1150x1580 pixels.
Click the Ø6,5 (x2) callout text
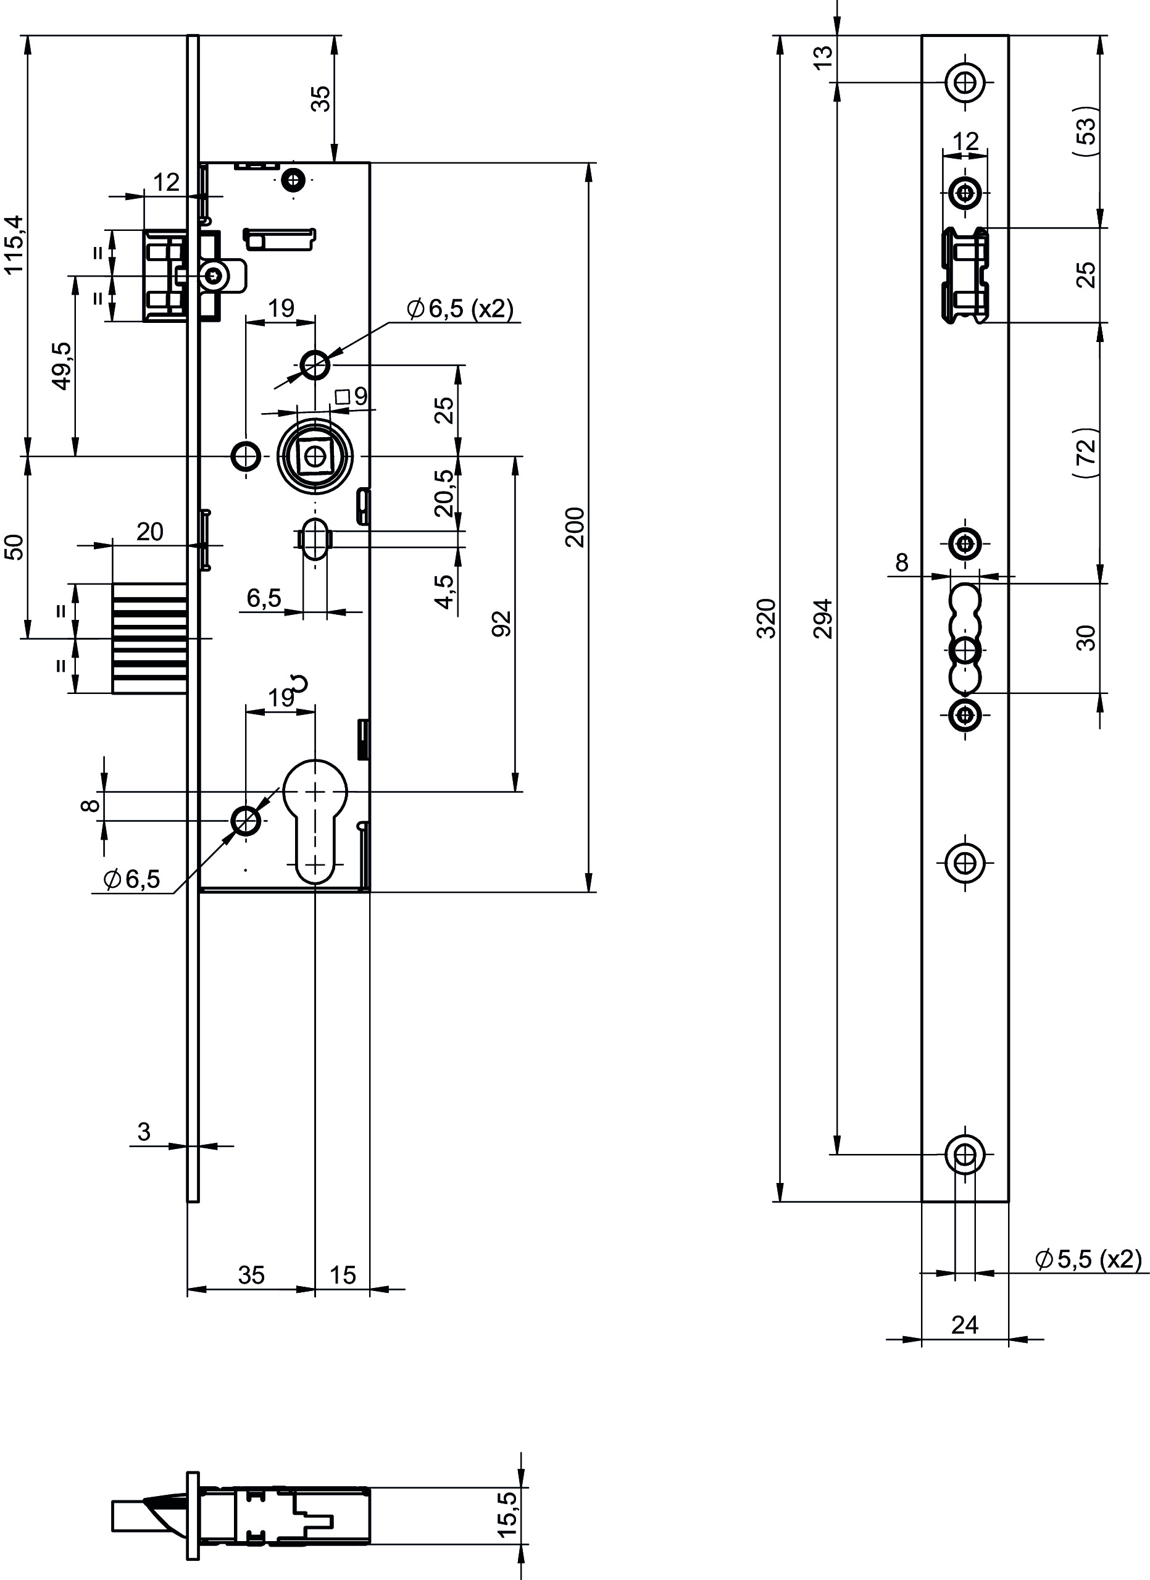pyautogui.click(x=460, y=309)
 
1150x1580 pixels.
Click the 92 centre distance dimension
pyautogui.click(x=501, y=624)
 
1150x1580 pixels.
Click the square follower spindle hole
pyautogui.click(x=315, y=456)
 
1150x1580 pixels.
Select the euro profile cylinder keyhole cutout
pyautogui.click(x=315, y=821)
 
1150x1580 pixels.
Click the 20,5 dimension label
pyautogui.click(x=444, y=493)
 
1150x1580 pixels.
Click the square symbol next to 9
pyautogui.click(x=342, y=397)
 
